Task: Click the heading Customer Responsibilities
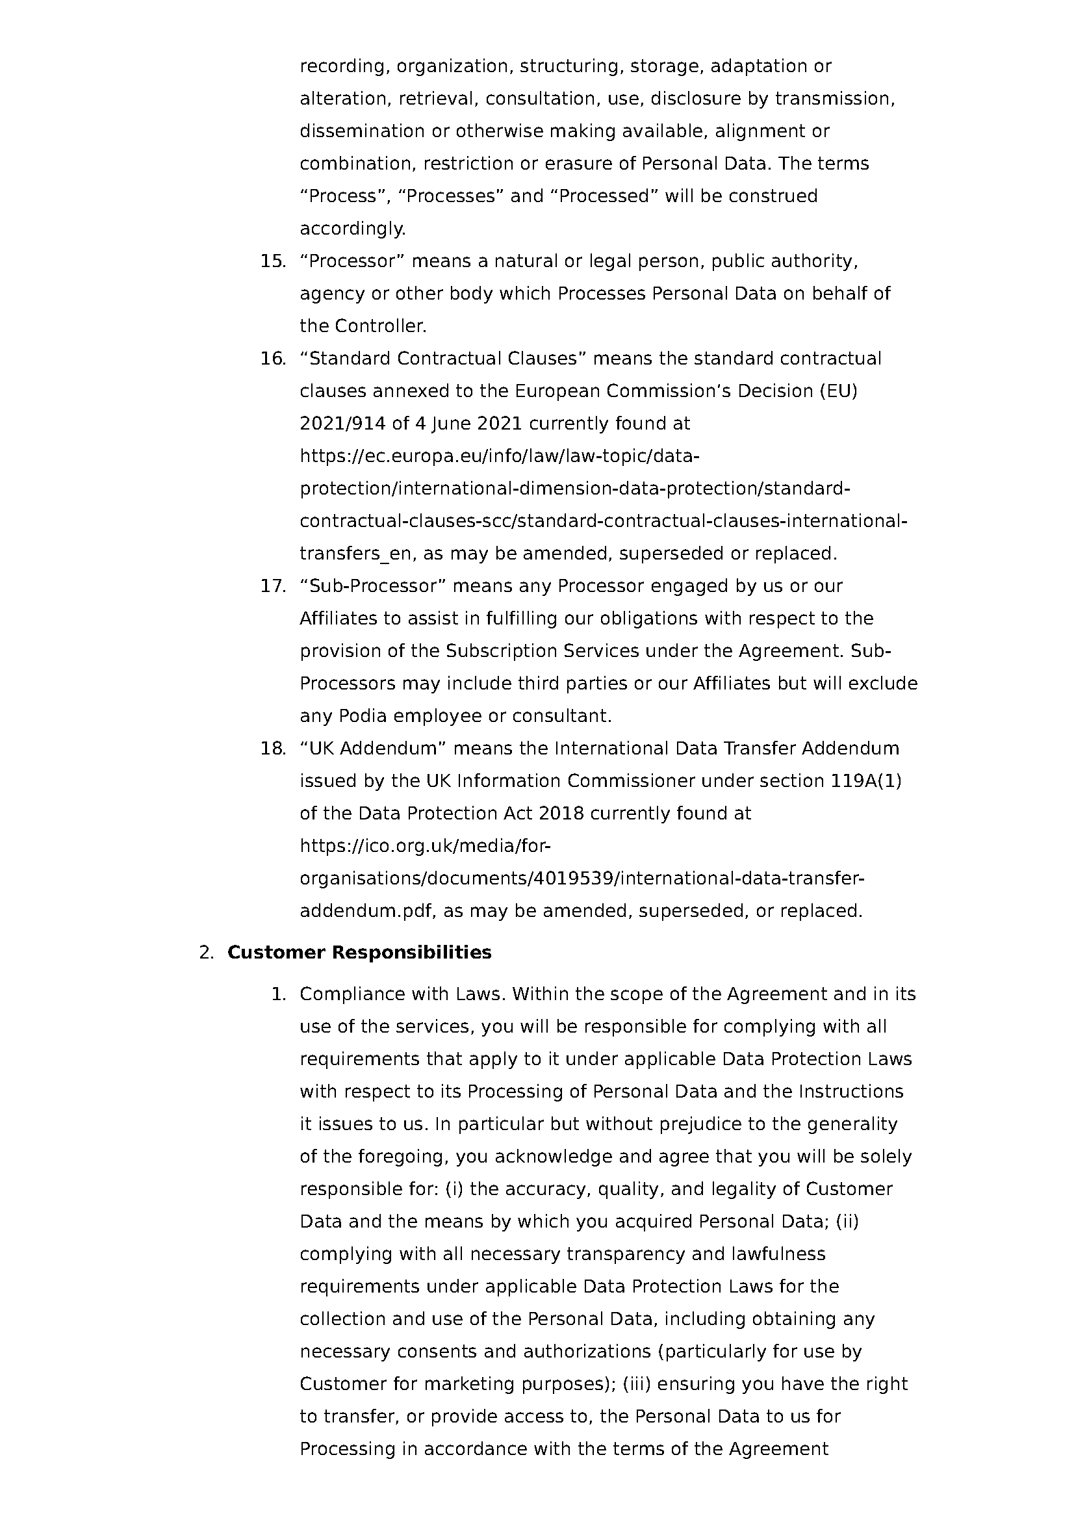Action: pos(359,953)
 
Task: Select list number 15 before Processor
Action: pos(273,261)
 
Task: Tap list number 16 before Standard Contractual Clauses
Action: pos(273,359)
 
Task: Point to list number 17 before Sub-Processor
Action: pos(273,586)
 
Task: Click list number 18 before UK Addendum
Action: pos(273,749)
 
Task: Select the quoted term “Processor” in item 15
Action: pos(352,261)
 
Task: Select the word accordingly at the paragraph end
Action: pos(352,229)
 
